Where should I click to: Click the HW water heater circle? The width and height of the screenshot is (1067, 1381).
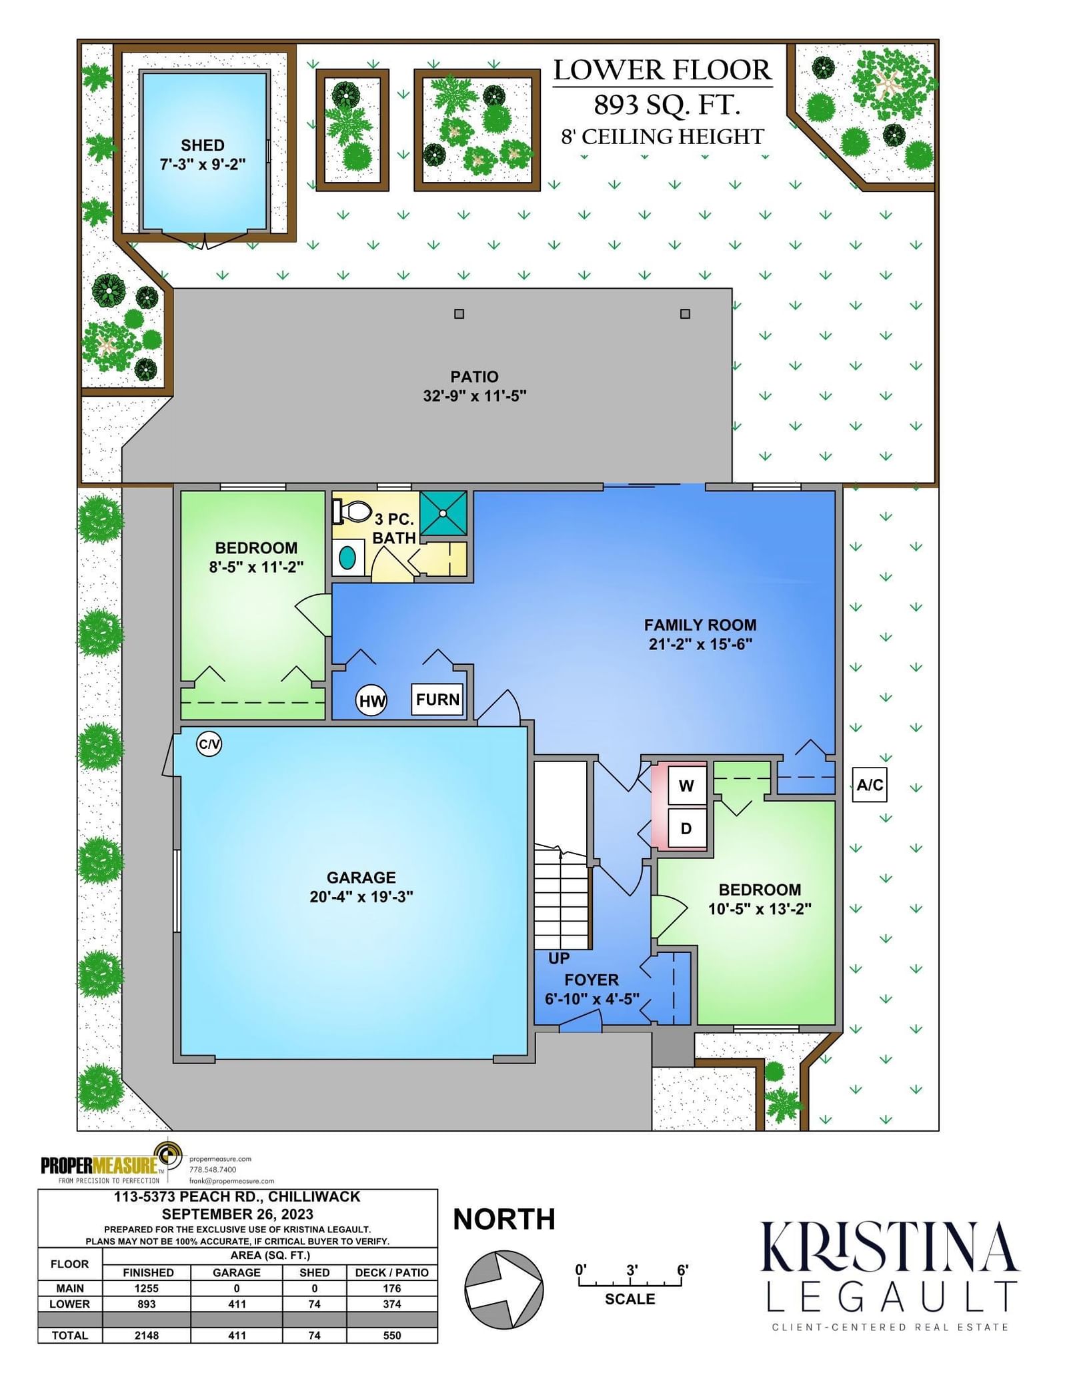[x=371, y=700]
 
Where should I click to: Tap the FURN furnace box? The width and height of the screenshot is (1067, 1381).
[x=437, y=700]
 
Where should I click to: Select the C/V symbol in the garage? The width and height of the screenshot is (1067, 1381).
[x=209, y=744]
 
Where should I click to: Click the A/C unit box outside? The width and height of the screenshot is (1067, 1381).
[x=870, y=784]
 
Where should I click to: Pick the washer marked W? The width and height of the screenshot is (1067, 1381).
[x=686, y=786]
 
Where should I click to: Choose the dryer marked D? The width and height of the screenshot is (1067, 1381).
[x=686, y=828]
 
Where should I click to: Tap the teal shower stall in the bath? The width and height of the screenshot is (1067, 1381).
[x=443, y=513]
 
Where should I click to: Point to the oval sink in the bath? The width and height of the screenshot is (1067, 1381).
[x=347, y=557]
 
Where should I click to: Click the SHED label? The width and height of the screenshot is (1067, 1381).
[x=202, y=145]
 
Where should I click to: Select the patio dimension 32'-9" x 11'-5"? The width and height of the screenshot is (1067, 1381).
[x=474, y=395]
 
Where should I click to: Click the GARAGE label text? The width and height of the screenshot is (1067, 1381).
[x=361, y=878]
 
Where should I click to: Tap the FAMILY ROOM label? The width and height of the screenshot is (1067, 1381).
[x=700, y=625]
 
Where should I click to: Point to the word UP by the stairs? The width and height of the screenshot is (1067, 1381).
[x=559, y=958]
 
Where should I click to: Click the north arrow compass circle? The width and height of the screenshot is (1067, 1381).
[x=503, y=1290]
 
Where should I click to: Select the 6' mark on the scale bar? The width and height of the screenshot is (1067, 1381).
[x=682, y=1270]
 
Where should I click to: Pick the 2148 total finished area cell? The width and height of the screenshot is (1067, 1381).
[x=147, y=1335]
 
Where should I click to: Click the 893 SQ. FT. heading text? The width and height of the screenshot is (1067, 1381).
[x=667, y=105]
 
